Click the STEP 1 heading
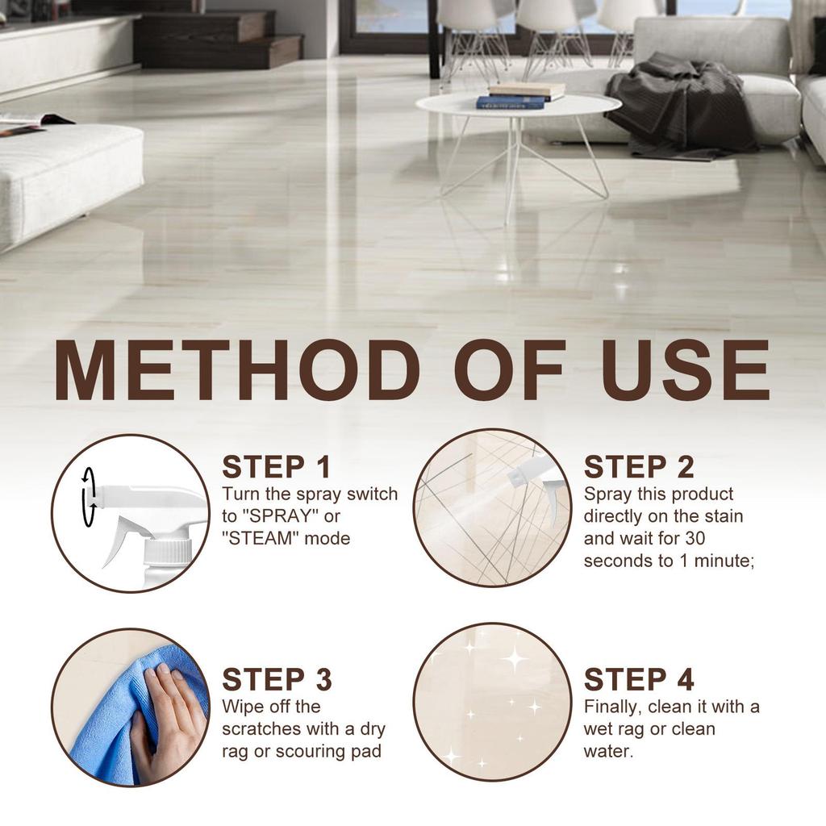tap(276, 467)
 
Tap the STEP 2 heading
tap(638, 467)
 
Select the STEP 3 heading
tap(276, 679)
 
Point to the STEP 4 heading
tap(638, 679)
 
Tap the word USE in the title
tap(685, 370)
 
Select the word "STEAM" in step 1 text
tap(261, 537)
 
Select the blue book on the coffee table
tap(510, 102)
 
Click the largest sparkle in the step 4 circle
tap(513, 658)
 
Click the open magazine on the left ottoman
tap(28, 123)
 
